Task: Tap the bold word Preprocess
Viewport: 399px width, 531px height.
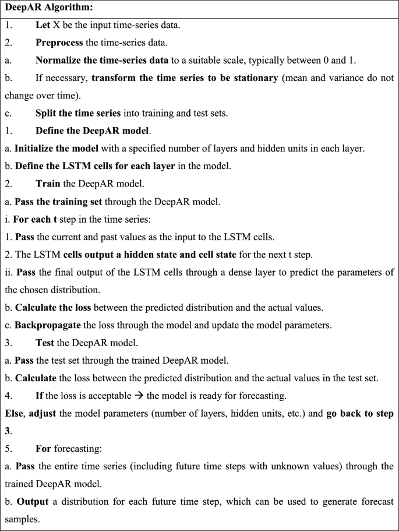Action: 61,43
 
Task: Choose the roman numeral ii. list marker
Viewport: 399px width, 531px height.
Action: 9,257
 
